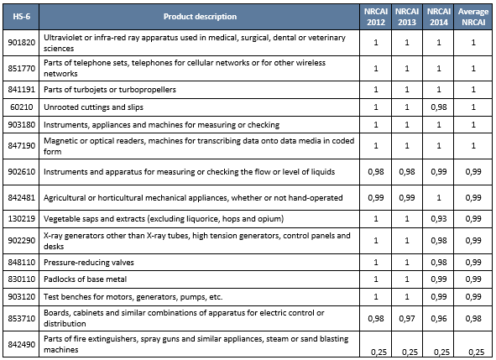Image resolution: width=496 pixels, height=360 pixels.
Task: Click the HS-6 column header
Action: tap(21, 17)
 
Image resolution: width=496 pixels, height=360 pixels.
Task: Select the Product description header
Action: tap(200, 17)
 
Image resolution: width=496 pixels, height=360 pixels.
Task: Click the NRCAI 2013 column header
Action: tap(405, 17)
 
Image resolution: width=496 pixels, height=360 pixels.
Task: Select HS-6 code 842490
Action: tap(21, 342)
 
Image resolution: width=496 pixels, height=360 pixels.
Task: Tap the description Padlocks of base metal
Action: tap(89, 279)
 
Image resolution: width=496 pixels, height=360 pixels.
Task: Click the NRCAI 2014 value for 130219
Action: tap(438, 218)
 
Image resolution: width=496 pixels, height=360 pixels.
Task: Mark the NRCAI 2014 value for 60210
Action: tap(438, 107)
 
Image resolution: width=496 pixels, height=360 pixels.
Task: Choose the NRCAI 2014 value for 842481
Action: tap(438, 197)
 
